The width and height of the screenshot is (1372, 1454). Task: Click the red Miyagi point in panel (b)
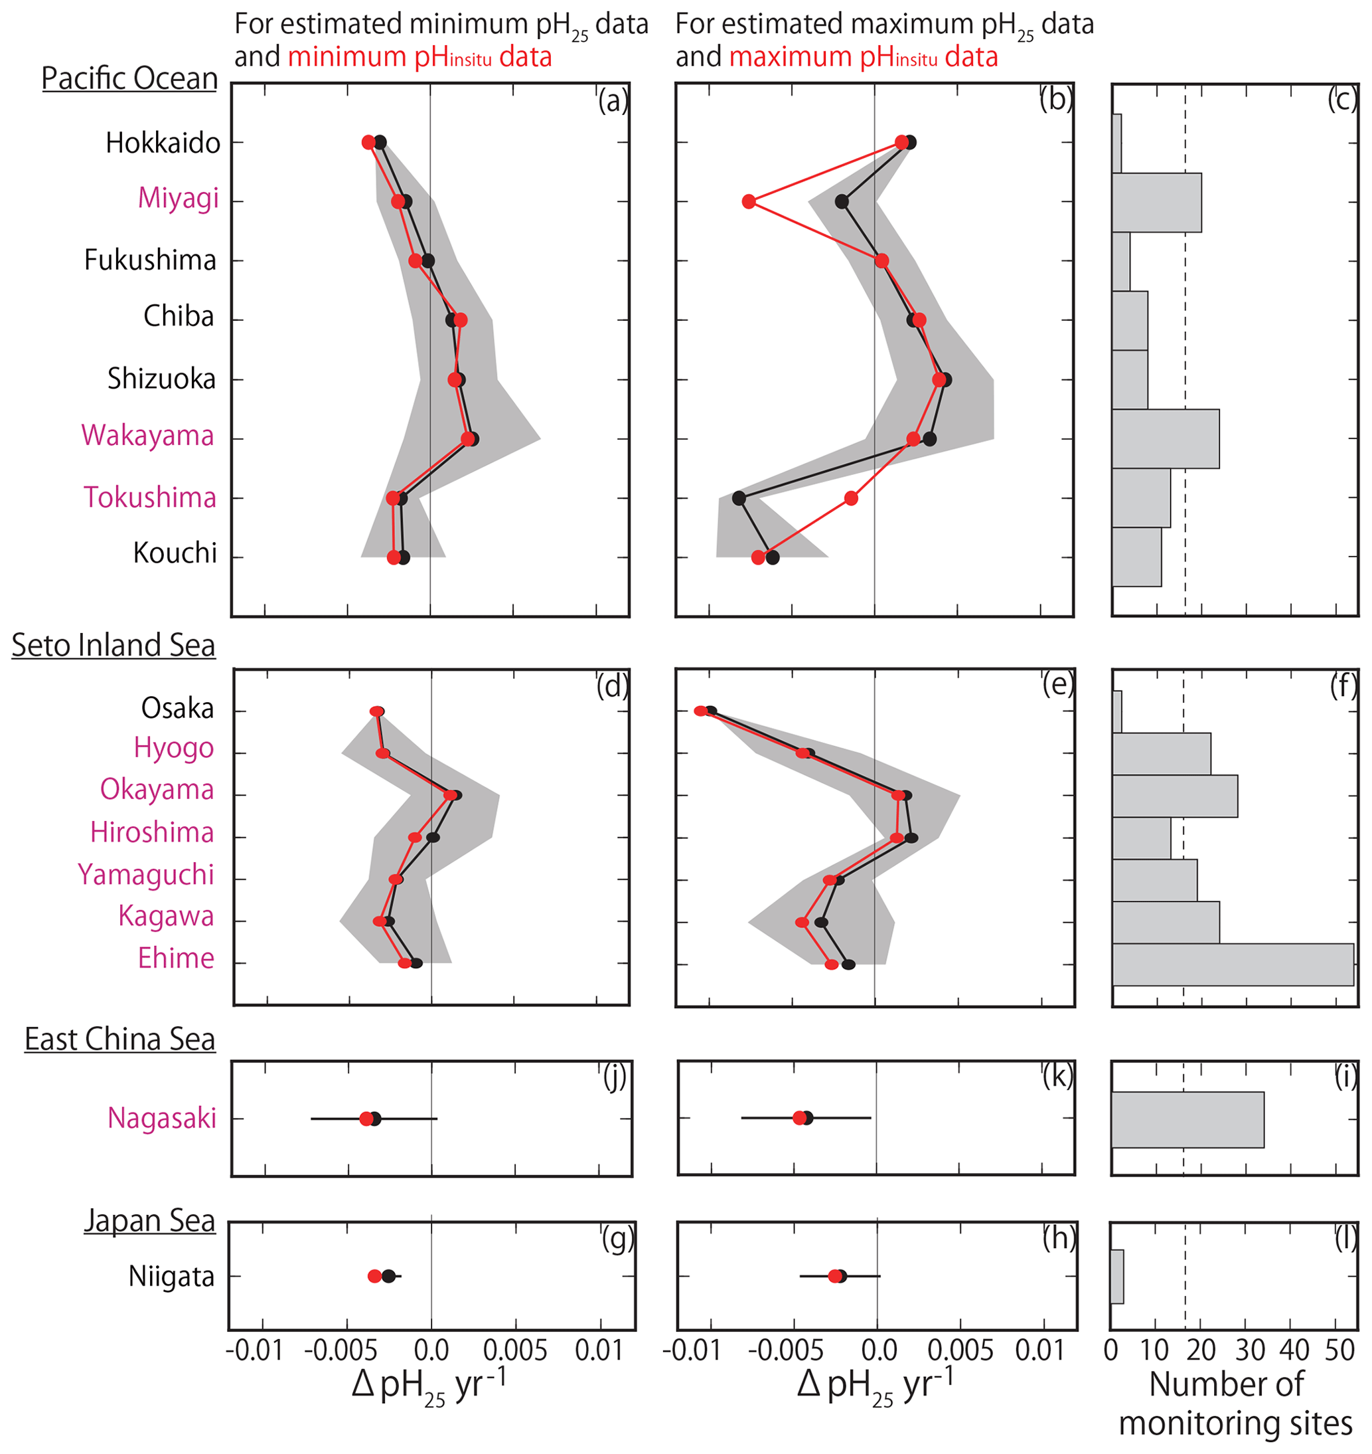[748, 201]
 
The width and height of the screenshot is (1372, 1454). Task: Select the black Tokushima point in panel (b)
[739, 498]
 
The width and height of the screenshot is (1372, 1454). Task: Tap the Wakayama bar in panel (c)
[1165, 439]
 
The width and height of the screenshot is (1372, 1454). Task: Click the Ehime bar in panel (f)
[1233, 964]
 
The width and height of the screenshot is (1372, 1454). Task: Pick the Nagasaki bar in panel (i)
[1187, 1120]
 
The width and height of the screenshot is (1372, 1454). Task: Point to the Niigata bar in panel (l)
[1116, 1277]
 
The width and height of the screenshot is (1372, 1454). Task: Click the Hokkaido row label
[163, 143]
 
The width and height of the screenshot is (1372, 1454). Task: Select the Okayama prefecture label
[157, 790]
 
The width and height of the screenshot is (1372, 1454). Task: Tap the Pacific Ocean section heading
[129, 79]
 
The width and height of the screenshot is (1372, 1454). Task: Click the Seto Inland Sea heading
[114, 646]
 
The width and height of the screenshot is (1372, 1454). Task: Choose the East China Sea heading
[120, 1039]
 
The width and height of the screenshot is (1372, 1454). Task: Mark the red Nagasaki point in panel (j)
[366, 1119]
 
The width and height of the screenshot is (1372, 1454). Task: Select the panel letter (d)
[612, 686]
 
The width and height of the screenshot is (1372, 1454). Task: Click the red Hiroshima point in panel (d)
[415, 838]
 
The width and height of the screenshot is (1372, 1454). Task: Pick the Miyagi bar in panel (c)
[1156, 203]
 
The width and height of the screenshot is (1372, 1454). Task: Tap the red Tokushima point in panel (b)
[850, 498]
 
